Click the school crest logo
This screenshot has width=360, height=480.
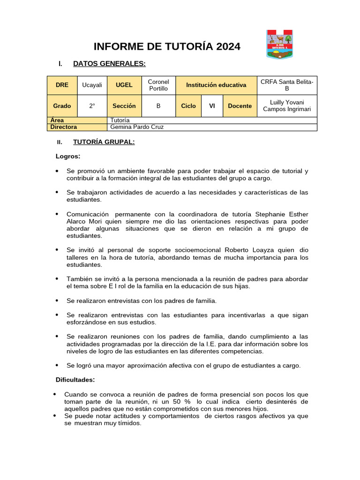[x=279, y=45]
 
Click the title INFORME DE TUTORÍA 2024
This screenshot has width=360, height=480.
[x=167, y=46]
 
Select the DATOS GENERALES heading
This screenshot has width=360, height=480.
[x=109, y=64]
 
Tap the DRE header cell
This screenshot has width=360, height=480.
[x=62, y=85]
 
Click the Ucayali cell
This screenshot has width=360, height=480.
[x=92, y=85]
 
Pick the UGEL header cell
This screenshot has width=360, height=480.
[x=124, y=85]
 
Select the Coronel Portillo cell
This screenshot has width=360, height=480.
[x=158, y=85]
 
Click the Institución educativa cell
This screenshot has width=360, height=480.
[x=216, y=85]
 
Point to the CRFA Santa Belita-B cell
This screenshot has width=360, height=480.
[x=287, y=85]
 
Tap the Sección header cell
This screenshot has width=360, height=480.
[x=124, y=106]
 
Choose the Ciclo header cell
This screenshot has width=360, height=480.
[x=188, y=106]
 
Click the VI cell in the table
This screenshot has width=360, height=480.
[x=212, y=106]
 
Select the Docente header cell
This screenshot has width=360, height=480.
[x=240, y=106]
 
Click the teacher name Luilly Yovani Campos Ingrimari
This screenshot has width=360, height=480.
[x=287, y=106]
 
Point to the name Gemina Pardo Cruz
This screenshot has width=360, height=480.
[x=137, y=127]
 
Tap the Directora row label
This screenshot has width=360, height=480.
[x=64, y=127]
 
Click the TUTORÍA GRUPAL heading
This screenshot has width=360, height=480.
[x=104, y=142]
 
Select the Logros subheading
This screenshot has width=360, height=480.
[x=68, y=156]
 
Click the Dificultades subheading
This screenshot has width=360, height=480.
[x=75, y=379]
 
